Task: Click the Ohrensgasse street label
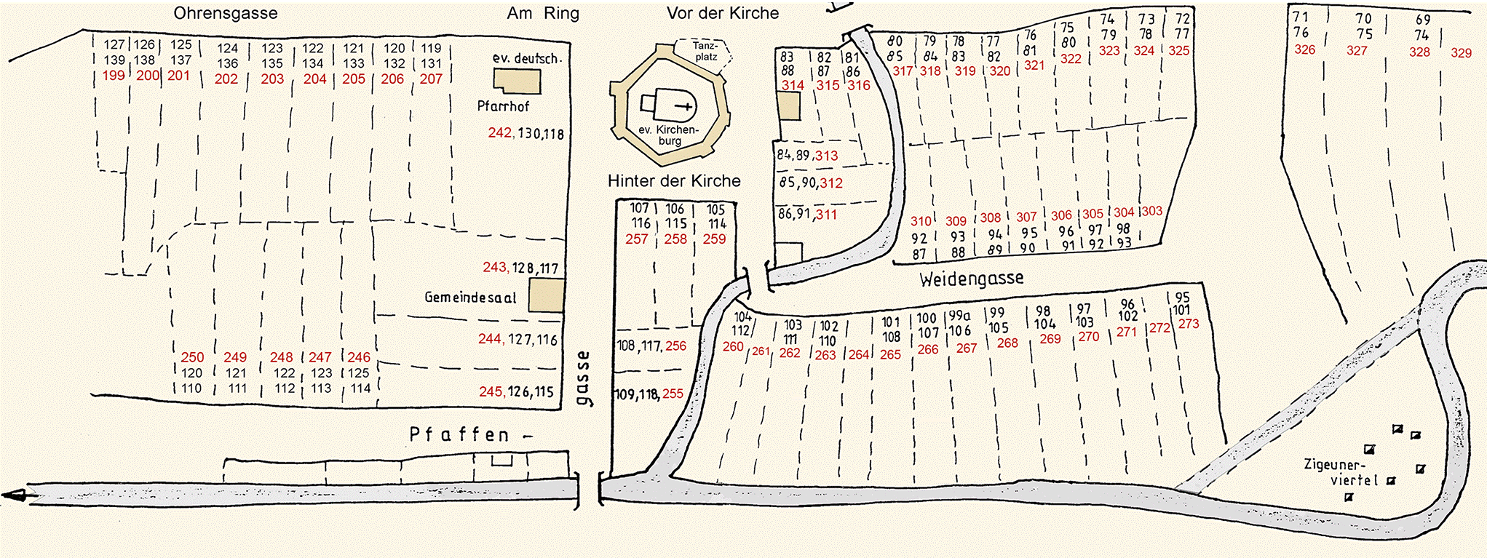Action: (225, 13)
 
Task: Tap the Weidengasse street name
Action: (971, 279)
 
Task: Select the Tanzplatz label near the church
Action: (705, 51)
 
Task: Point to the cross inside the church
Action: (684, 107)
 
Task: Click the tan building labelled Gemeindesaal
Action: (546, 296)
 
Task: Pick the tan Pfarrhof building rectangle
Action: (517, 81)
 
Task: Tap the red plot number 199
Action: (114, 76)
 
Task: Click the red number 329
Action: (1461, 52)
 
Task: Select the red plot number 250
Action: (192, 357)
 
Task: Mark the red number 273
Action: (1188, 324)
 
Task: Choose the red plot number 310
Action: (921, 221)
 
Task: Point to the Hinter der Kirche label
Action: (674, 181)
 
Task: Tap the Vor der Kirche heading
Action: (722, 13)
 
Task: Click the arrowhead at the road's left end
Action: (13, 495)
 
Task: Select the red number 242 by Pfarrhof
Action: (500, 133)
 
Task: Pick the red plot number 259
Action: (714, 239)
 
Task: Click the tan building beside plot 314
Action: (789, 106)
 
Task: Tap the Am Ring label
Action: (543, 13)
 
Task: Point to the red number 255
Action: (673, 394)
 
